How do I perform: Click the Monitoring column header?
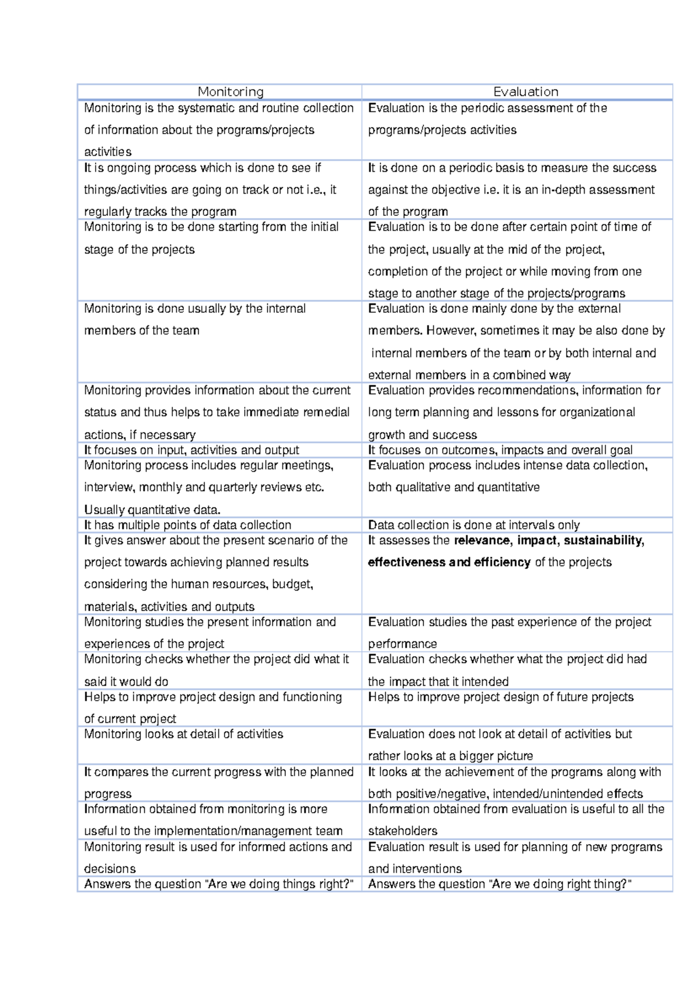230,92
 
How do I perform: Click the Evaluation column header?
525,92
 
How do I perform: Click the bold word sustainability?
603,541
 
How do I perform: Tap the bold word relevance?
482,541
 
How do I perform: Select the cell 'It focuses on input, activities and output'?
191,450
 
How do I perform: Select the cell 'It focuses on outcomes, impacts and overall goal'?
500,450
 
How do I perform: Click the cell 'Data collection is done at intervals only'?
474,525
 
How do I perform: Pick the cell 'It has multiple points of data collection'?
187,525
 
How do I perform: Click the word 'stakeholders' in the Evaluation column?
403,831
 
